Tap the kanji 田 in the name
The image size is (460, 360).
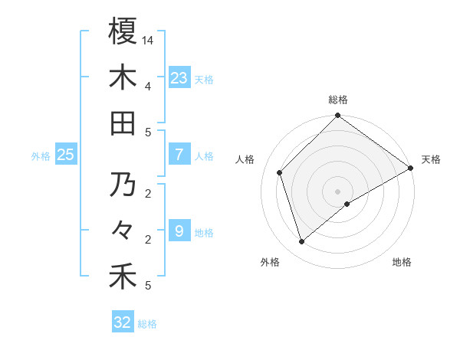click(122, 123)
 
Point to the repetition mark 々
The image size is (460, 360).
click(122, 231)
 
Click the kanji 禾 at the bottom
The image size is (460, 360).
click(122, 277)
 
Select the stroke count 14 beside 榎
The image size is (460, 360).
click(148, 40)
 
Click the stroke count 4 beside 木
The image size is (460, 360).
click(147, 86)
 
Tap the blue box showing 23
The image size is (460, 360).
click(179, 78)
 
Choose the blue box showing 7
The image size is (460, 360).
click(179, 155)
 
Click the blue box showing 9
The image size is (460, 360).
click(179, 231)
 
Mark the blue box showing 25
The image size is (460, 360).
click(65, 155)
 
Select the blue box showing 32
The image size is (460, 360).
click(123, 322)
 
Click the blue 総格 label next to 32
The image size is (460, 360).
click(147, 324)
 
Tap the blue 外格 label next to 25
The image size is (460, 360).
click(41, 156)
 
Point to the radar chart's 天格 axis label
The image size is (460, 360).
click(431, 159)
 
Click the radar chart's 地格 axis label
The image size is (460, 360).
click(402, 262)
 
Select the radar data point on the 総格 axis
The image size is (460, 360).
click(337, 116)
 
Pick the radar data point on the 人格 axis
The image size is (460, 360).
click(280, 172)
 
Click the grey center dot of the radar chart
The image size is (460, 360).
click(337, 191)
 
